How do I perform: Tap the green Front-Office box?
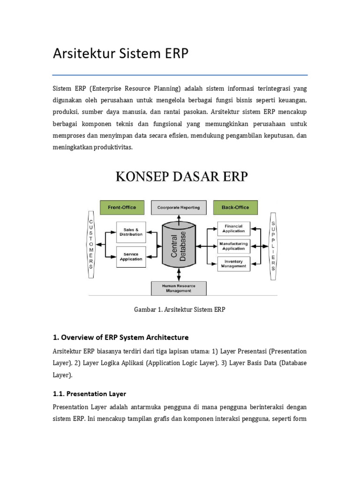click(122, 207)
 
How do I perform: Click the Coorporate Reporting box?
click(179, 207)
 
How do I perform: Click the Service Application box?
click(131, 256)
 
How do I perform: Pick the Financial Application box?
click(233, 228)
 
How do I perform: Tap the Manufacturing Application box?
click(233, 246)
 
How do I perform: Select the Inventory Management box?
click(233, 263)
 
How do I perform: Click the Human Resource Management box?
click(179, 288)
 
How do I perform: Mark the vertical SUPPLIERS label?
click(273, 246)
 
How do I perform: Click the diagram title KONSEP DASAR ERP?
click(182, 178)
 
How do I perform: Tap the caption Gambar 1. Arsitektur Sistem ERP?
click(180, 310)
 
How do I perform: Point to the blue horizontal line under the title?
click(180, 75)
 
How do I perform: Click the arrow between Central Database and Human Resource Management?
click(179, 275)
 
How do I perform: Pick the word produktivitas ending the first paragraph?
click(112, 147)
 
